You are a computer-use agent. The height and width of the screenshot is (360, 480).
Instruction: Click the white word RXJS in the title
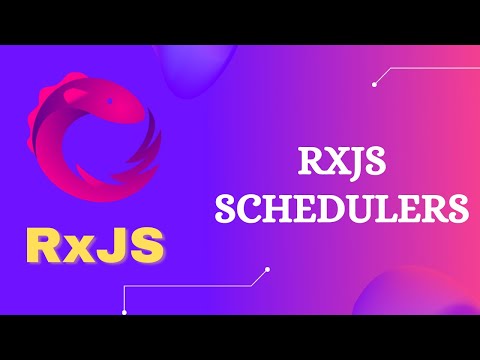click(x=343, y=162)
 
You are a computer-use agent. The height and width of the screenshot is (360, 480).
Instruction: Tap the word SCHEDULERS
click(x=343, y=208)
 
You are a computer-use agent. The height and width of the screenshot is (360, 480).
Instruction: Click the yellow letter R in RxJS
click(x=45, y=246)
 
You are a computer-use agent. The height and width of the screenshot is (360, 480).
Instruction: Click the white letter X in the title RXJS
click(x=329, y=162)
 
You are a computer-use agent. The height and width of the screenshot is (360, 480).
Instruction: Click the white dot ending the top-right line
click(x=373, y=84)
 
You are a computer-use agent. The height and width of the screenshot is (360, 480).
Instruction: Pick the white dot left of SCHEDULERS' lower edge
click(x=267, y=269)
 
